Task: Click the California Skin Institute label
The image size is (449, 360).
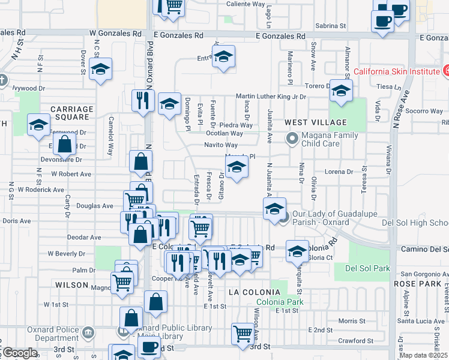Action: tap(397, 71)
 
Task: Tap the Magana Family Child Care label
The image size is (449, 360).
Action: tap(329, 140)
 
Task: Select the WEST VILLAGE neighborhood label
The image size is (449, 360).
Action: tap(307, 122)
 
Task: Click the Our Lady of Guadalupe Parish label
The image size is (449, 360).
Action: tap(338, 216)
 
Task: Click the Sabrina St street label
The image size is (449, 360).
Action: tap(331, 26)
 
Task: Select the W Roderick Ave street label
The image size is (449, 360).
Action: tap(41, 189)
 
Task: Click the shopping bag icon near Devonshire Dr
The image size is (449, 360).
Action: tap(64, 145)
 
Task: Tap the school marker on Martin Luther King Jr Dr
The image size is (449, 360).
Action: tap(340, 91)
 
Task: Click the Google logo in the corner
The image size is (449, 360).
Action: tap(19, 353)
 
